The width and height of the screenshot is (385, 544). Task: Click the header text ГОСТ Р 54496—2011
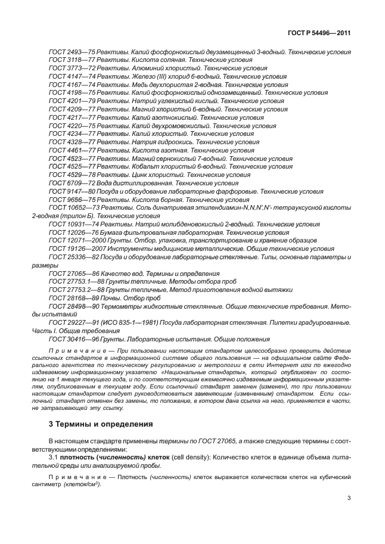click(x=317, y=33)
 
